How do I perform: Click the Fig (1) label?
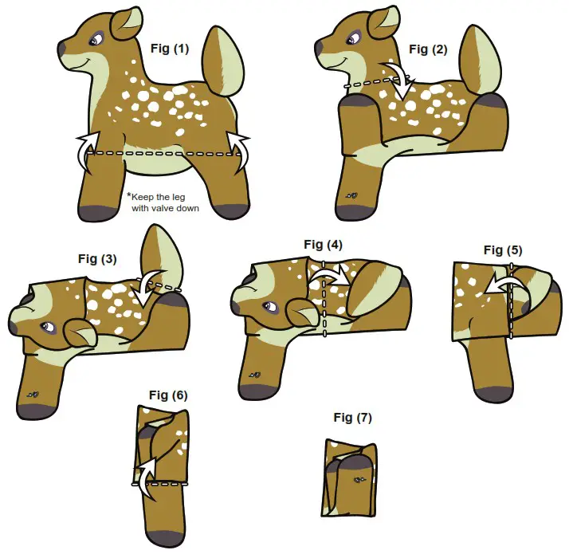[x=170, y=49]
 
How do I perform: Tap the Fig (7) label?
[x=352, y=418]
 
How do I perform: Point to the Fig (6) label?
[x=168, y=395]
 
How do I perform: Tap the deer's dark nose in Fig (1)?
[x=62, y=49]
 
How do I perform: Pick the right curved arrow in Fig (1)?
[x=241, y=150]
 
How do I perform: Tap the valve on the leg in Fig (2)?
[x=351, y=195]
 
